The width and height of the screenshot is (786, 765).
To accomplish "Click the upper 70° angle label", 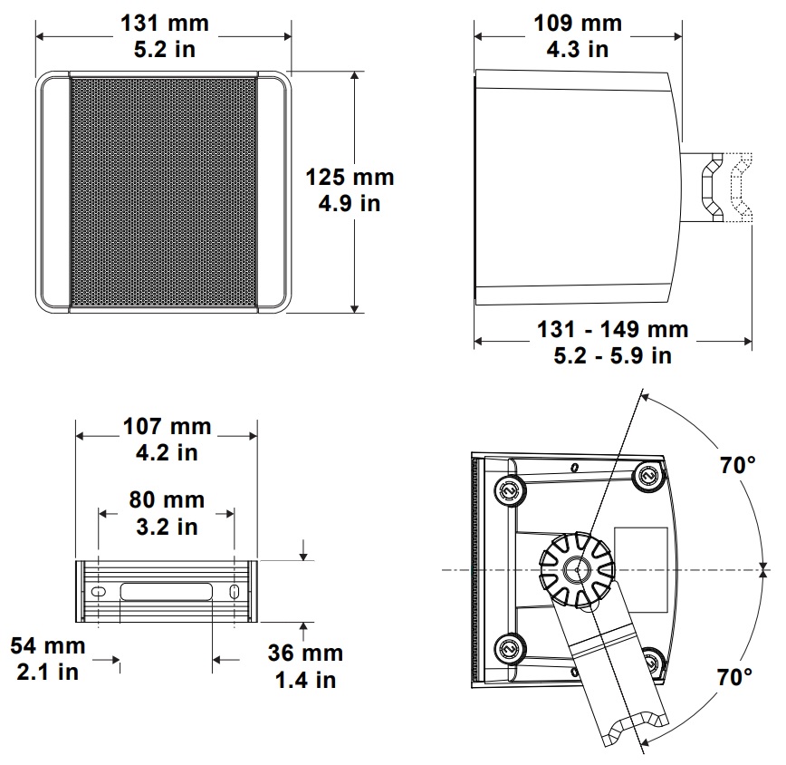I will coord(738,467).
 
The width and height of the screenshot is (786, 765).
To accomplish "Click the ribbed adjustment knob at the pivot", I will coord(576,569).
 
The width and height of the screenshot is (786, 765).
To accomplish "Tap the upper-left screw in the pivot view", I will coord(508,490).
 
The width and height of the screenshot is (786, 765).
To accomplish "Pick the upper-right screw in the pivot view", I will coord(647,474).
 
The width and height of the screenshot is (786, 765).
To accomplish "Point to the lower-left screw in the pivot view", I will coord(508,648).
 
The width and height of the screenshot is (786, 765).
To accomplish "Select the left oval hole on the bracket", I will coord(97,592).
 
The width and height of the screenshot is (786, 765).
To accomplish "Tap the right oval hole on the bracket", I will coord(235,592).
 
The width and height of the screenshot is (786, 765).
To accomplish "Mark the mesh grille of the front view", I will coord(164,192).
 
